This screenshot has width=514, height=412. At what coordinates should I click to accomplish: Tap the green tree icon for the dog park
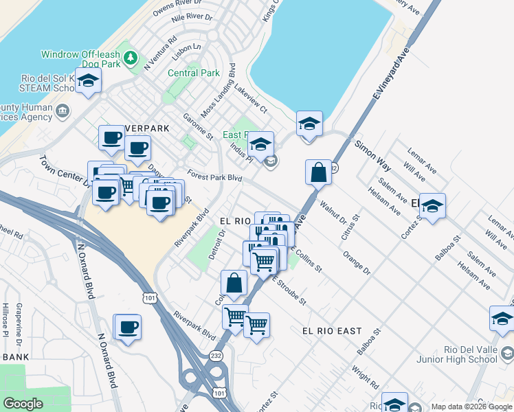(127, 54)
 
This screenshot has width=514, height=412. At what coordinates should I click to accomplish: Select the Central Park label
(193, 73)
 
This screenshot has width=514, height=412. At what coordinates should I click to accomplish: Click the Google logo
(23, 404)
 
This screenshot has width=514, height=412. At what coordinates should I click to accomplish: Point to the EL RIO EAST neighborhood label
(332, 331)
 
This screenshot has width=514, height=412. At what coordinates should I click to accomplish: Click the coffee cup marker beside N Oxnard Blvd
(127, 328)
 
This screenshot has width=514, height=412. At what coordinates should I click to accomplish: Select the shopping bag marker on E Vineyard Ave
(319, 172)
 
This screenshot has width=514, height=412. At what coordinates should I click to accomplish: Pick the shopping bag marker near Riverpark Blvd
(234, 282)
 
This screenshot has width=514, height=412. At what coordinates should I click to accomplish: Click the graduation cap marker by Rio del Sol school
(89, 81)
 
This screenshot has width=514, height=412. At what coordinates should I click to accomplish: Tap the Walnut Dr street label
(333, 212)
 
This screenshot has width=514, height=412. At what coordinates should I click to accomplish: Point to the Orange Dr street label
(357, 264)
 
